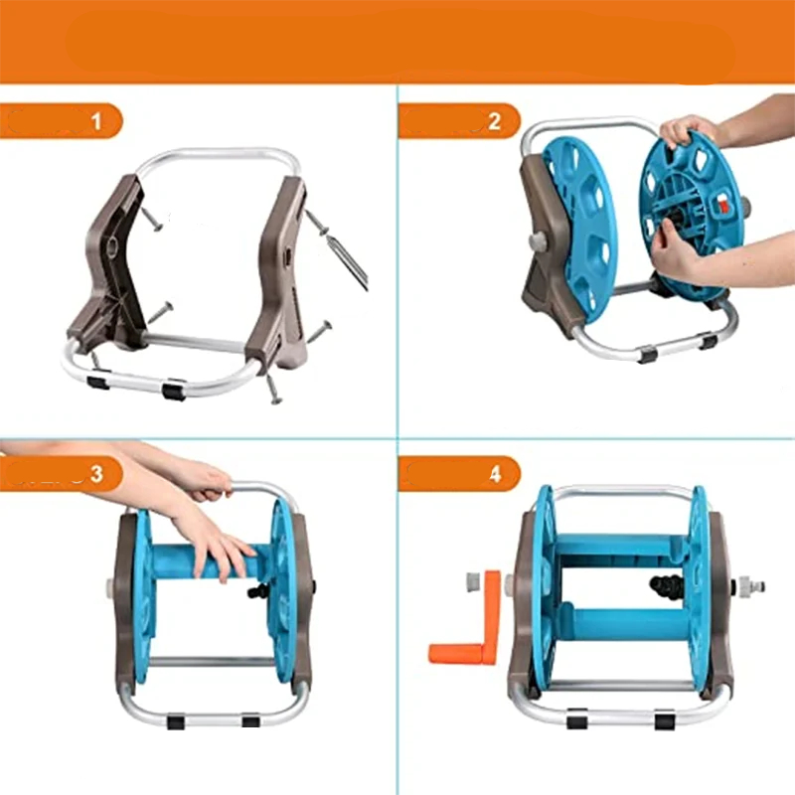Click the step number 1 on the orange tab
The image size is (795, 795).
pos(96,121)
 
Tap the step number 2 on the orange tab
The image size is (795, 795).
pos(494,121)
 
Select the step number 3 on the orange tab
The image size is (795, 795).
pos(96,474)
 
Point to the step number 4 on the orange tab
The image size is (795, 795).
pos(495,474)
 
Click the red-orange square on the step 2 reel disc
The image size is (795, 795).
pos(721,206)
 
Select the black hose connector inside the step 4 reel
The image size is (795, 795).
pos(666,588)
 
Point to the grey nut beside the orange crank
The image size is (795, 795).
pos(474,582)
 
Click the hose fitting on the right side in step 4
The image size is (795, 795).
pos(750,587)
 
